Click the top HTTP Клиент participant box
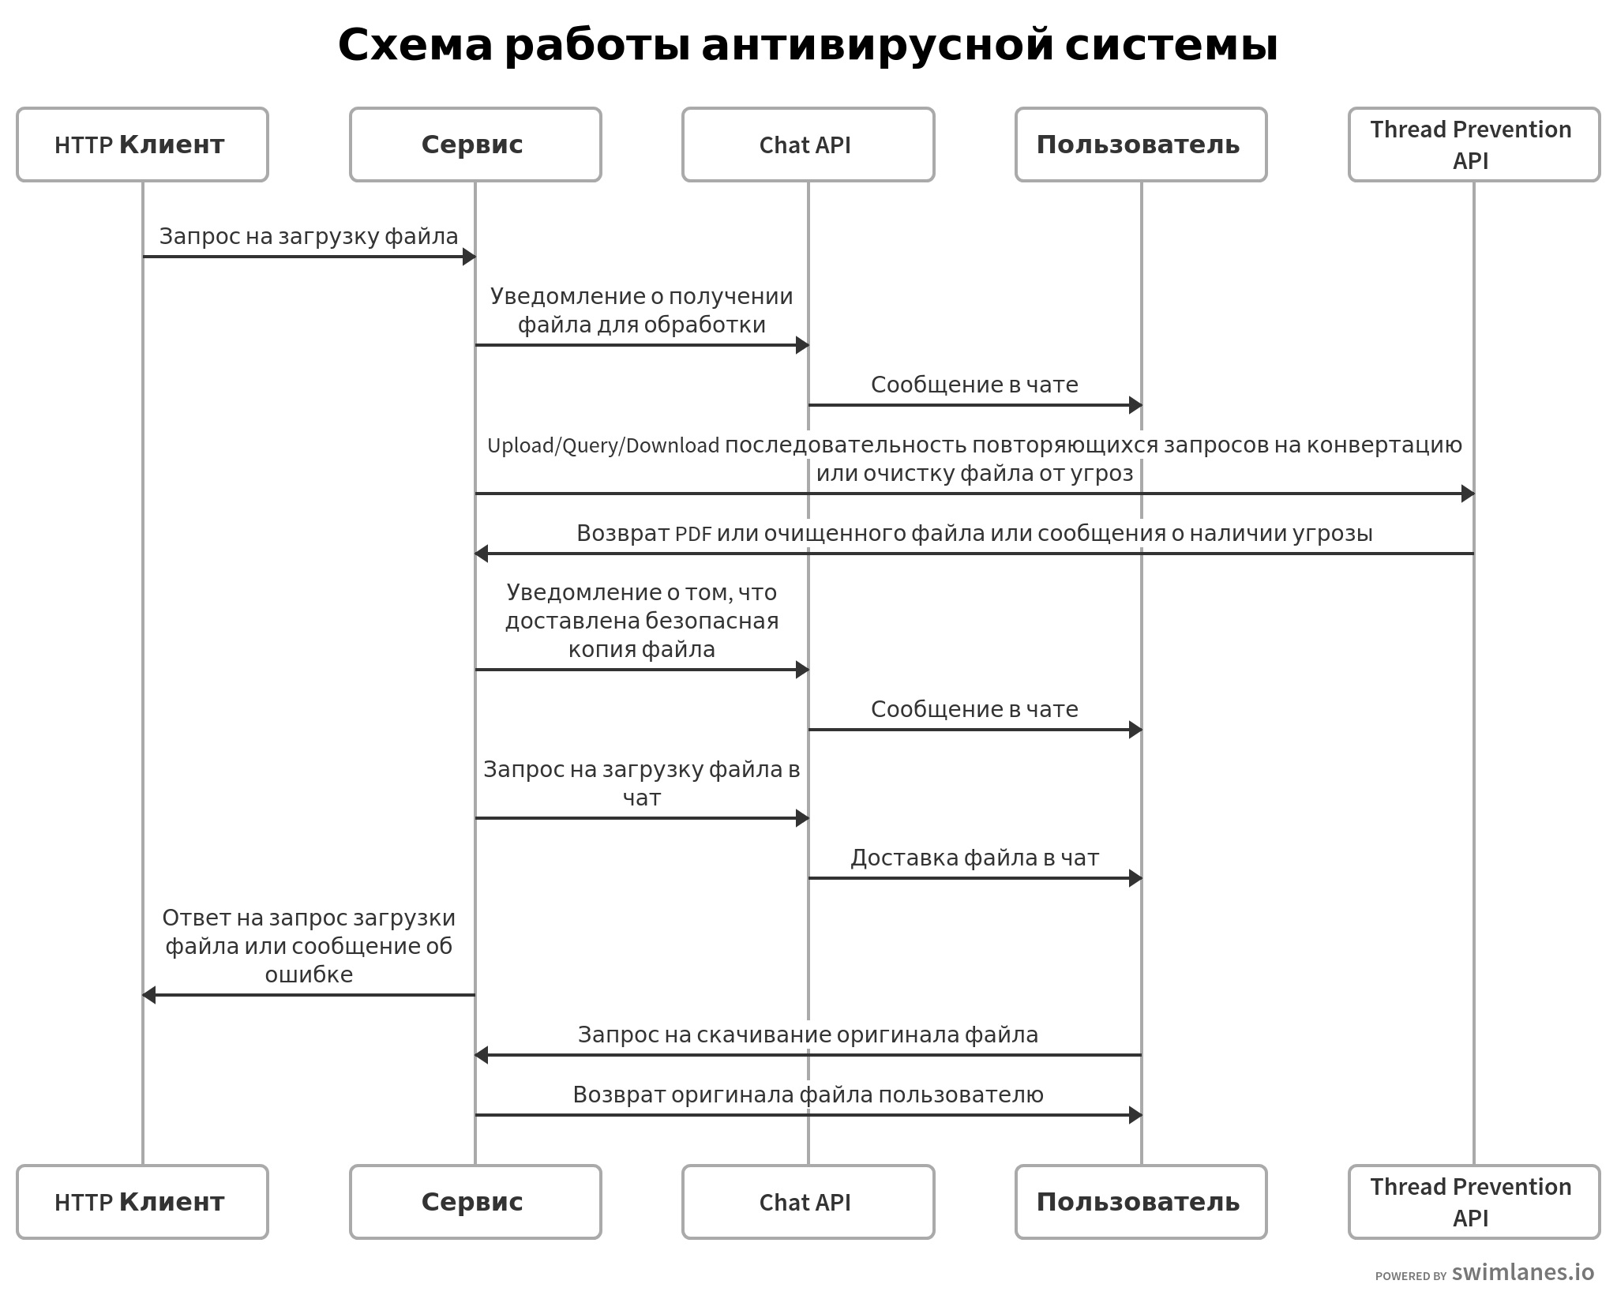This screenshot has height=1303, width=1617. tap(142, 145)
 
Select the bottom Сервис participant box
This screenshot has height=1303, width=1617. tap(475, 1201)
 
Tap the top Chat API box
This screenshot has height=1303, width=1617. tap(808, 145)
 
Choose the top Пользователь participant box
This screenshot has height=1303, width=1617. tap(1140, 145)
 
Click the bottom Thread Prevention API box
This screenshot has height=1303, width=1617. tap(1473, 1201)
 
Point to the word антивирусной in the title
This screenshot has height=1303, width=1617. tap(876, 45)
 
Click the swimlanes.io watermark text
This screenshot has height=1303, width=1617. tap(1522, 1272)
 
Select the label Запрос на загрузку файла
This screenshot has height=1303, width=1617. tap(309, 236)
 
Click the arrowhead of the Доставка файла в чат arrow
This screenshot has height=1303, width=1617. tap(1135, 878)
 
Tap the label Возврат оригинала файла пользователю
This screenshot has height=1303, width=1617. tap(808, 1095)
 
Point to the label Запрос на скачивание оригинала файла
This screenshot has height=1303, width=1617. tap(808, 1035)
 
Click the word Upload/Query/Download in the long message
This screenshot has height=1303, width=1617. tap(603, 446)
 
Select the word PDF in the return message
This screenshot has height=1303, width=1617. tap(693, 534)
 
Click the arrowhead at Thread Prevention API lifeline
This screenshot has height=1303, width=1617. tap(1468, 494)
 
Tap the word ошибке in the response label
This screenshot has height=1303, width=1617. tap(309, 974)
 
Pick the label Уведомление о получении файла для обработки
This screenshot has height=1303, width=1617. tap(641, 310)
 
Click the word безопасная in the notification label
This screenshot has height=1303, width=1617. tap(711, 621)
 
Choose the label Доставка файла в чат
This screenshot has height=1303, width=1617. tap(974, 858)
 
